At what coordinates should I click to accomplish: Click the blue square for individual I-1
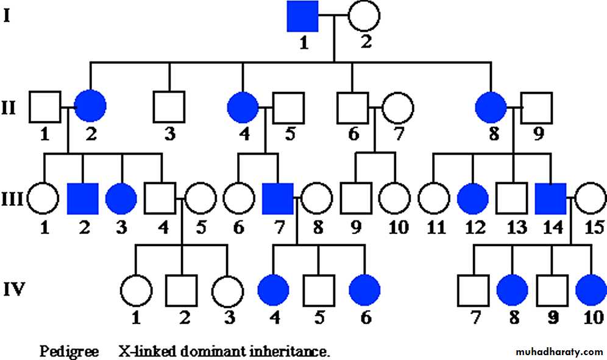click(303, 16)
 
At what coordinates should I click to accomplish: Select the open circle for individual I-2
click(364, 16)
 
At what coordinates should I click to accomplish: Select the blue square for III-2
click(82, 199)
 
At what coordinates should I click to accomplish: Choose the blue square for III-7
click(278, 199)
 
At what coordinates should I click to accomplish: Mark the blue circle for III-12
click(472, 199)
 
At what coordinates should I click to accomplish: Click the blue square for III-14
click(551, 199)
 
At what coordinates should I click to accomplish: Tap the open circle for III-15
click(591, 199)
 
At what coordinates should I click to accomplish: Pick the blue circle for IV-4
click(273, 289)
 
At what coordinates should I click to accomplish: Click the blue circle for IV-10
click(591, 289)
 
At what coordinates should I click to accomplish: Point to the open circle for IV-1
click(136, 289)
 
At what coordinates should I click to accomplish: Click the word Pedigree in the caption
click(69, 351)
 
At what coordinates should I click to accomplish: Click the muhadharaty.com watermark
click(559, 352)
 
